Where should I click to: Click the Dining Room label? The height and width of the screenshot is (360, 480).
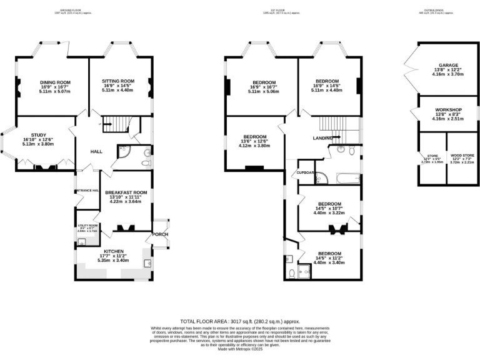55,82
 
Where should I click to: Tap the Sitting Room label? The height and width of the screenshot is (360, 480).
118,81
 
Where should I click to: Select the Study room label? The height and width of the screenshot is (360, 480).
39,134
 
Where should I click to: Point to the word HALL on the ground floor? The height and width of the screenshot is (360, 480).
96,152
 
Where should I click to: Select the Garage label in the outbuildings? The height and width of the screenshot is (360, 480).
448,65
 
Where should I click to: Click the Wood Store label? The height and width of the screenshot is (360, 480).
461,155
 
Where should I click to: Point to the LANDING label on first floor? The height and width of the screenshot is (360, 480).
322,139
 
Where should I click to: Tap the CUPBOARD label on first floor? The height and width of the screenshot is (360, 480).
306,172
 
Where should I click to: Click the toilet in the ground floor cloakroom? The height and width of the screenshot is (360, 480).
146,162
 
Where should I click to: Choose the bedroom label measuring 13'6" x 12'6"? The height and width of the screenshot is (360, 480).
254,137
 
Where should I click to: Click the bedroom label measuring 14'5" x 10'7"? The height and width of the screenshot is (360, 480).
329,204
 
